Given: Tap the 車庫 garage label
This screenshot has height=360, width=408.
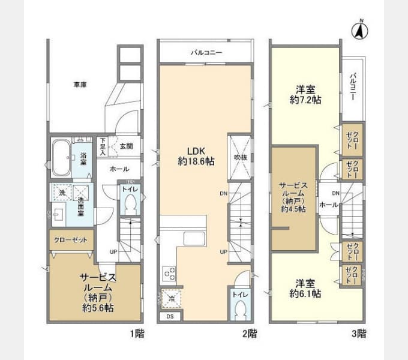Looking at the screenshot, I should [80, 85].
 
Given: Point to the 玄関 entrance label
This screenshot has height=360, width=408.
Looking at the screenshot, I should [126, 146].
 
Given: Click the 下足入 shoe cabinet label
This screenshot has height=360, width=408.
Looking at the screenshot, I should [102, 146].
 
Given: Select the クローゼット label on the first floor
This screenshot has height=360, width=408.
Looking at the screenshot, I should [71, 239].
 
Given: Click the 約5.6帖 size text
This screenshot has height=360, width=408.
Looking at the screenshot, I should [98, 308].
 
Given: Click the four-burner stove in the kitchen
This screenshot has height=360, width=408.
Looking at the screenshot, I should [169, 274].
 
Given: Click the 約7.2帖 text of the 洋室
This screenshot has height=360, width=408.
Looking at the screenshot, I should [305, 100].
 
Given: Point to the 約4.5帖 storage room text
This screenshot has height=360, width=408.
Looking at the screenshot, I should [293, 209].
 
